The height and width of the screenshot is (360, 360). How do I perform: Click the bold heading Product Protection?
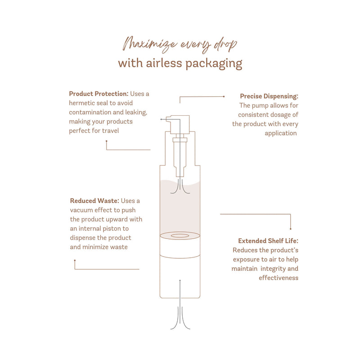(99, 94)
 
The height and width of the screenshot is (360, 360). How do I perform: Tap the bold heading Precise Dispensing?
(269, 96)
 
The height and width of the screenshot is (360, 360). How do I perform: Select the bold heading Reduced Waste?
(94, 201)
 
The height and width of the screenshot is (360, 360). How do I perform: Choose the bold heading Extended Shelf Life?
(268, 241)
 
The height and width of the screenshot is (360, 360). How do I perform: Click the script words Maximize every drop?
(180, 44)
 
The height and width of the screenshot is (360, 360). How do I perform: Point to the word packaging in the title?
(214, 63)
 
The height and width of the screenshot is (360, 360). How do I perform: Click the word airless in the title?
(164, 63)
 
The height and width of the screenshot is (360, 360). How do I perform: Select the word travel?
(110, 131)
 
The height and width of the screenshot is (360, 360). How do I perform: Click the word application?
(280, 133)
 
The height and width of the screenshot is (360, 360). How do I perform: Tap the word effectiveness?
(279, 278)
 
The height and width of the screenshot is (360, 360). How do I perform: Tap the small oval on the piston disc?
(180, 236)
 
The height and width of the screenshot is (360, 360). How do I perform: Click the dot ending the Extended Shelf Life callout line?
(291, 229)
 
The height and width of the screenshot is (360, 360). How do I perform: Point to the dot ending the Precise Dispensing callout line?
(224, 97)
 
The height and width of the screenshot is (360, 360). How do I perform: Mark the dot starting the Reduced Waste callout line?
(75, 261)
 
